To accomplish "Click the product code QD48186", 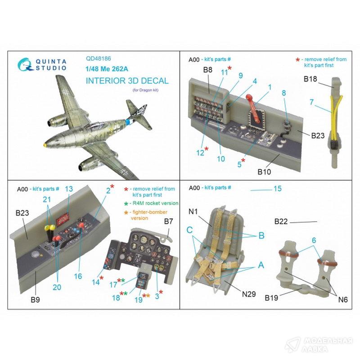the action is (x=98, y=59).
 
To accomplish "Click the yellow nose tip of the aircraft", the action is (x=45, y=144).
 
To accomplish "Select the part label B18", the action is (x=310, y=79).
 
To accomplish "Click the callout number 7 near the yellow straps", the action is (x=311, y=102).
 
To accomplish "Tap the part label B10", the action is (x=264, y=172).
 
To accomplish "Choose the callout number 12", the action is (x=200, y=153).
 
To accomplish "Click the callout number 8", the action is (x=284, y=93).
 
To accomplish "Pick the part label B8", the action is (x=207, y=70).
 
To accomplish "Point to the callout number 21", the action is (x=47, y=199).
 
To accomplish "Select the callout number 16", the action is (x=78, y=276).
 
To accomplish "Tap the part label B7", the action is (x=168, y=221).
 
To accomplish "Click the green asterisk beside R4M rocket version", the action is (x=126, y=203).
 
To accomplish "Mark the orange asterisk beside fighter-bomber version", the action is (x=126, y=212).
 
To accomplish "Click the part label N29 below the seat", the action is (x=249, y=294).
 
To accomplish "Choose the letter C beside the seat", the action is (x=189, y=229).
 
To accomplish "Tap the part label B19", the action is (x=271, y=297).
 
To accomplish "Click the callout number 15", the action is (x=277, y=189).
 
